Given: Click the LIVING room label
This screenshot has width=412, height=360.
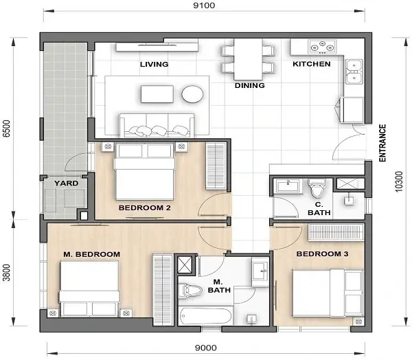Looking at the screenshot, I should click(x=154, y=64).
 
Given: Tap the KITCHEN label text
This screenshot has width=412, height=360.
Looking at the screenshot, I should click(x=312, y=64).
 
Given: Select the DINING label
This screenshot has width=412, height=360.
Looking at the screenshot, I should click(x=250, y=86).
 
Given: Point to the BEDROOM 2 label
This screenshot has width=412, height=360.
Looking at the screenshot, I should click(x=144, y=207).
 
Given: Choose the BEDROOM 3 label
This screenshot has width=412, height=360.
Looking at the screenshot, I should click(x=322, y=254).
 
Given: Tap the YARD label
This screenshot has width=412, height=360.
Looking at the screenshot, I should click(x=66, y=183).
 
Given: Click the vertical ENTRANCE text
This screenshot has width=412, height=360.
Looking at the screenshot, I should click(x=382, y=143).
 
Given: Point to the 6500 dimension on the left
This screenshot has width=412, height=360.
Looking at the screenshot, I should click(x=8, y=130).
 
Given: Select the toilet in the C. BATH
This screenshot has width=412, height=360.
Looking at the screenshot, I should click(x=317, y=188).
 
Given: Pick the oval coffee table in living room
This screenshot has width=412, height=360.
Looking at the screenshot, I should click(x=193, y=94).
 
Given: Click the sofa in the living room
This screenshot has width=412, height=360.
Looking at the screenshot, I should click(x=157, y=126).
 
